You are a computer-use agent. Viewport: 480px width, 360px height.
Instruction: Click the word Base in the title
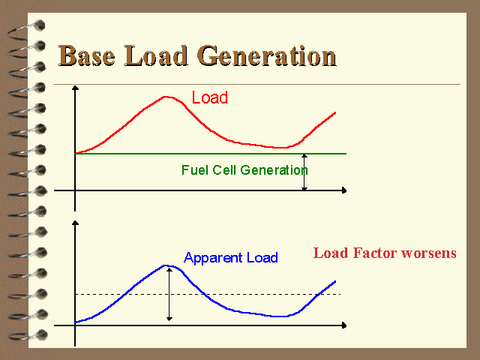(x=87, y=55)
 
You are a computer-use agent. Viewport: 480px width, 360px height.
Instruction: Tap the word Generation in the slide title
(x=267, y=55)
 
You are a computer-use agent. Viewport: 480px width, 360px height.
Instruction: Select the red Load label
(x=210, y=97)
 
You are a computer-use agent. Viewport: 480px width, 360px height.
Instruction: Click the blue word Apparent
(x=213, y=258)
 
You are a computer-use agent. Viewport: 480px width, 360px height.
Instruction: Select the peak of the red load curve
(x=166, y=97)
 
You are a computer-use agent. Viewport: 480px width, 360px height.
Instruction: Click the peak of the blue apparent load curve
(x=166, y=265)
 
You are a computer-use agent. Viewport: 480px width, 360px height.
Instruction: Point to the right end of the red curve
(x=335, y=112)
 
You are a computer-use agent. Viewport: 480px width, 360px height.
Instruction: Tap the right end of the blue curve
(x=335, y=281)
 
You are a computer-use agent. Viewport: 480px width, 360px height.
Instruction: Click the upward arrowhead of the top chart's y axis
(x=75, y=88)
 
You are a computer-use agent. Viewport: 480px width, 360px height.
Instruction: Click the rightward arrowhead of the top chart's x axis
(x=344, y=190)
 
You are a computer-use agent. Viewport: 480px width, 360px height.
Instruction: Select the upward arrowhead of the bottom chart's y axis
(x=75, y=223)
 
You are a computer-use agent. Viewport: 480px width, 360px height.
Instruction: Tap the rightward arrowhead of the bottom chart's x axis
(x=344, y=325)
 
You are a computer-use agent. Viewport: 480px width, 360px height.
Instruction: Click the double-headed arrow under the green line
(x=304, y=172)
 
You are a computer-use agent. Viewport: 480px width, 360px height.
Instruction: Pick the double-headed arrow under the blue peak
(x=169, y=295)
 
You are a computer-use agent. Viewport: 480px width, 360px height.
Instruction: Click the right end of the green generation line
(x=346, y=154)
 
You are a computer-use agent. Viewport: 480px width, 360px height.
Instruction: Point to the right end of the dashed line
(x=340, y=295)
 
